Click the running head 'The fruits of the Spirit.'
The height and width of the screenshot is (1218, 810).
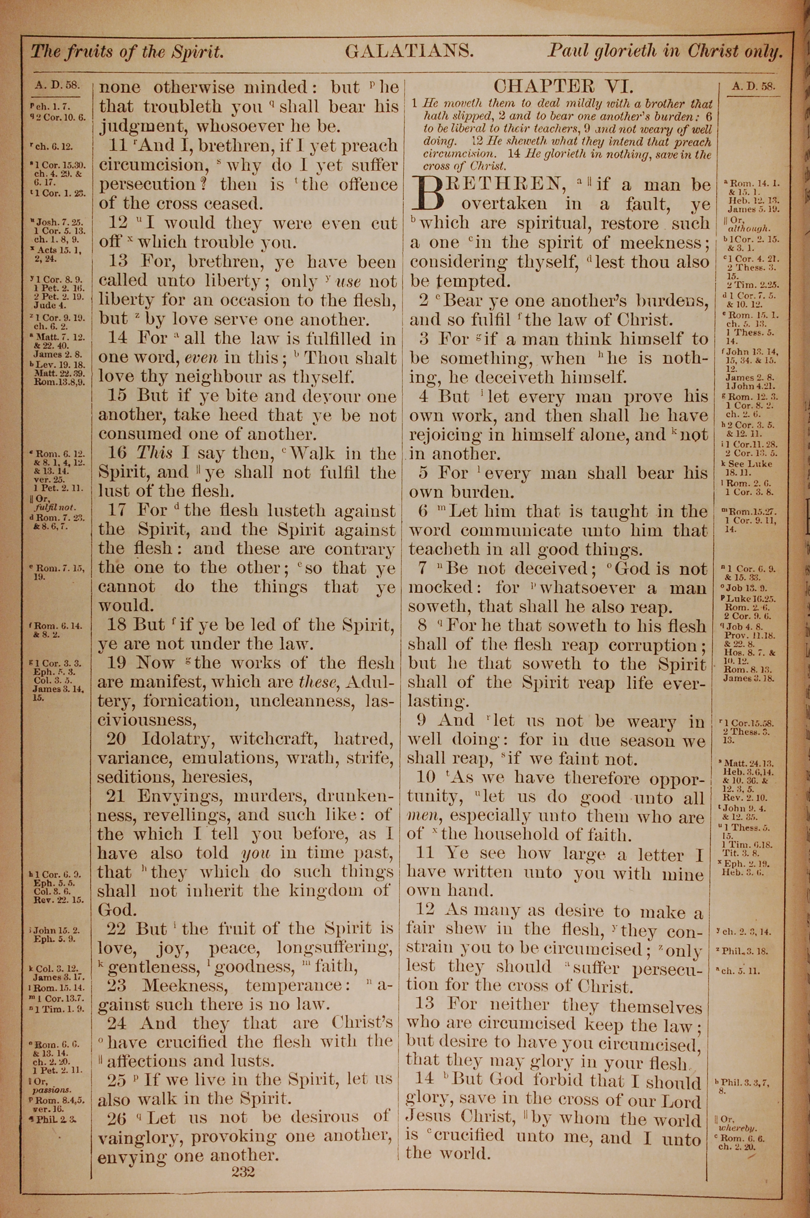coord(127,52)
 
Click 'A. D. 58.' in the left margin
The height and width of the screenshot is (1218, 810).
coord(57,85)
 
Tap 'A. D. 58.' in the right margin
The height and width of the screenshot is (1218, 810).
coord(753,86)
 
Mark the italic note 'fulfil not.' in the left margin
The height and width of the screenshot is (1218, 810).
coord(52,507)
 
